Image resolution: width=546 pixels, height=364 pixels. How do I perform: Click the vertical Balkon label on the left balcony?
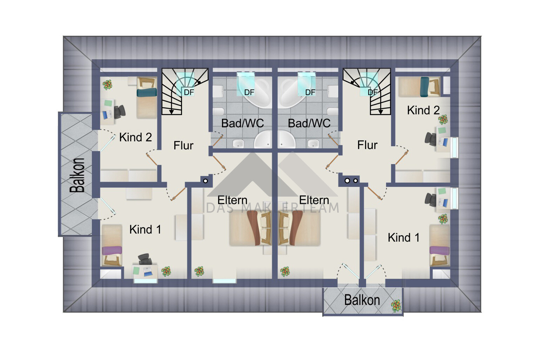77,175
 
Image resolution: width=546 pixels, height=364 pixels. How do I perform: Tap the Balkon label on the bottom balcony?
362,300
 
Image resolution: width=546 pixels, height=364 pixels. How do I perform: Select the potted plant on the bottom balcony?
396,306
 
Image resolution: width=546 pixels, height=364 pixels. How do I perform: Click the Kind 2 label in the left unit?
135,137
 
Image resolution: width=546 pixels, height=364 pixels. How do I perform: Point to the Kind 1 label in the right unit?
404,237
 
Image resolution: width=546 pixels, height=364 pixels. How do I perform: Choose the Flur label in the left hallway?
183,146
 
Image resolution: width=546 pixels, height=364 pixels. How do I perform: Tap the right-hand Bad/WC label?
309,123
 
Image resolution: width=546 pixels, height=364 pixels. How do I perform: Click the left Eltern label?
232,200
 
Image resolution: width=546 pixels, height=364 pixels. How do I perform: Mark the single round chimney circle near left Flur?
205,181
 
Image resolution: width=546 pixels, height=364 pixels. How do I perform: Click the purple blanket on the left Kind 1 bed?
112,250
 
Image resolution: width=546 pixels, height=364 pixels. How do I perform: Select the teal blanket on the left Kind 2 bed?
147,92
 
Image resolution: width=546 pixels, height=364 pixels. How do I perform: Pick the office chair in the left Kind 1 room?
145,259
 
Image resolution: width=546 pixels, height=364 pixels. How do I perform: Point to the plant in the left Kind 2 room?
107,85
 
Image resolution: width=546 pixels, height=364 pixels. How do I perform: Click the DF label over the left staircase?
189,92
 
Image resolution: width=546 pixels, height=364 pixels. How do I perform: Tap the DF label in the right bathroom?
310,92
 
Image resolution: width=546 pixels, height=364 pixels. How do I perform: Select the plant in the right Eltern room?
285,271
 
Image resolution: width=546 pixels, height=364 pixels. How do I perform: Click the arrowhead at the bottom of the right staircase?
380,112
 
